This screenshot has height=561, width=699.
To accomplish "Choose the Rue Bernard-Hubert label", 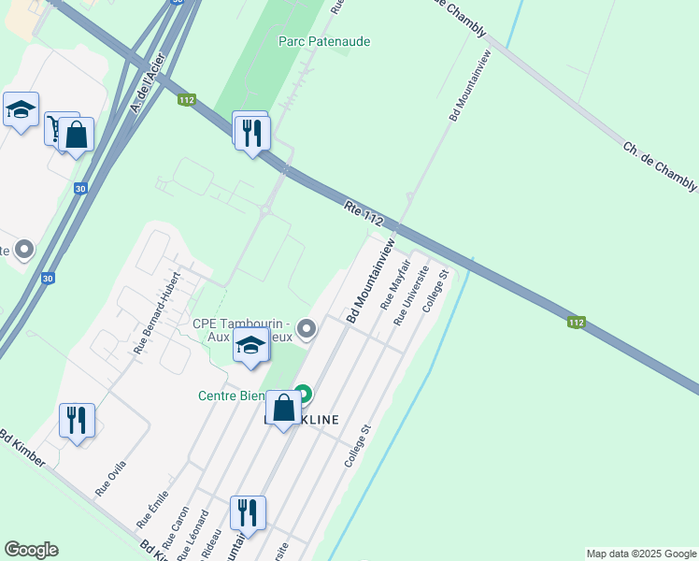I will (x=155, y=317).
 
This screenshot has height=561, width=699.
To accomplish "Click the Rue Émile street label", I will (x=152, y=509).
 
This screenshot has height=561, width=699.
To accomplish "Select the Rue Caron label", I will (x=176, y=527).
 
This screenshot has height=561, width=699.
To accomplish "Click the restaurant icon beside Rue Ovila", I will (x=77, y=420).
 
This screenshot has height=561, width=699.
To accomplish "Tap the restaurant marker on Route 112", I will (x=251, y=132).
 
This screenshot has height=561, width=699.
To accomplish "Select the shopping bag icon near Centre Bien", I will (x=283, y=407).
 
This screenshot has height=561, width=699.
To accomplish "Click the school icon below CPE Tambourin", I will (x=250, y=345).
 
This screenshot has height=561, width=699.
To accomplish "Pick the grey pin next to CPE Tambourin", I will (x=307, y=327).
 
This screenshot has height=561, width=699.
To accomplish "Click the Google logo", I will (x=31, y=550).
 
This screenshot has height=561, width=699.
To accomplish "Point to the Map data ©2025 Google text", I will (x=641, y=554).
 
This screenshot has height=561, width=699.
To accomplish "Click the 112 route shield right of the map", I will (x=576, y=323).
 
